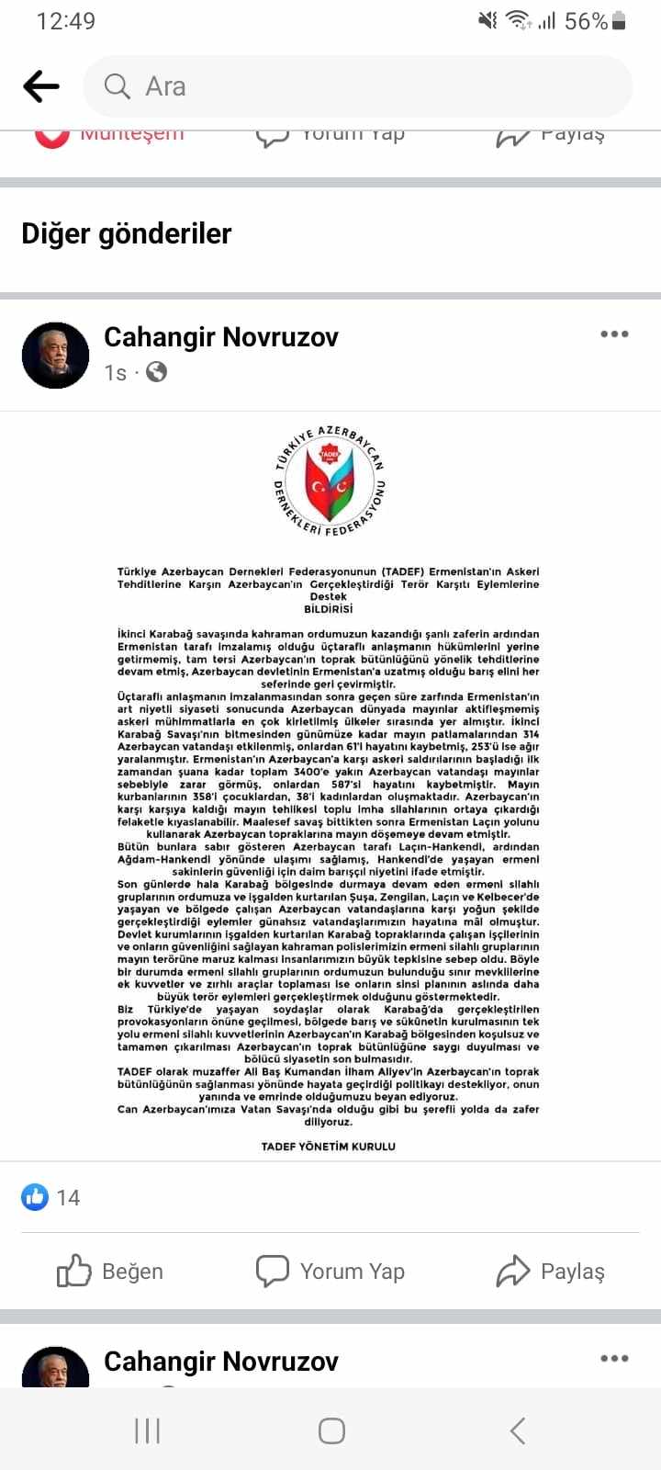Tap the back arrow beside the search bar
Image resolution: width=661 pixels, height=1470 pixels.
41,87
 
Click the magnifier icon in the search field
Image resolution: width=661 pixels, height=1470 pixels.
118,86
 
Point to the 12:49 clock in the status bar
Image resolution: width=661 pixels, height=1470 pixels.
65,21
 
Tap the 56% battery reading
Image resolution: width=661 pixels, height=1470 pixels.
586,21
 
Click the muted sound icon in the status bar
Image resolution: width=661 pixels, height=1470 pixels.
487,21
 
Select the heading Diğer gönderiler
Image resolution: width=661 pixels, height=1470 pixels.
127,233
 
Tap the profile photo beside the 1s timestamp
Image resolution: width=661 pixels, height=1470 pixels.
55,356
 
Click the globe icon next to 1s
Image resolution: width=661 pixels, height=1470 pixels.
157,372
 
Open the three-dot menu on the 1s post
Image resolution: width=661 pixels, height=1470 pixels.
614,334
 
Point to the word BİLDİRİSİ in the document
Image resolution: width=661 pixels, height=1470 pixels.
329,609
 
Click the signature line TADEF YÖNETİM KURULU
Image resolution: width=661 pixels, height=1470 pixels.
329,1147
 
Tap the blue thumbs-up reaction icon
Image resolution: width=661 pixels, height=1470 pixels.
35,1196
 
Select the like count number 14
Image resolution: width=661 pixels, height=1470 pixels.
68,1197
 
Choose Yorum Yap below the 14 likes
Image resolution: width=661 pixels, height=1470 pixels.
330,1272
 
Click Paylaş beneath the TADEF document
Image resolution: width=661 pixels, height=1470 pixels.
551,1272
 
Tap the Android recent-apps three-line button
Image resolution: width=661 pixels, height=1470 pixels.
147,1430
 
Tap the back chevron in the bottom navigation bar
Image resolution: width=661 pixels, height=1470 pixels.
517,1430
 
